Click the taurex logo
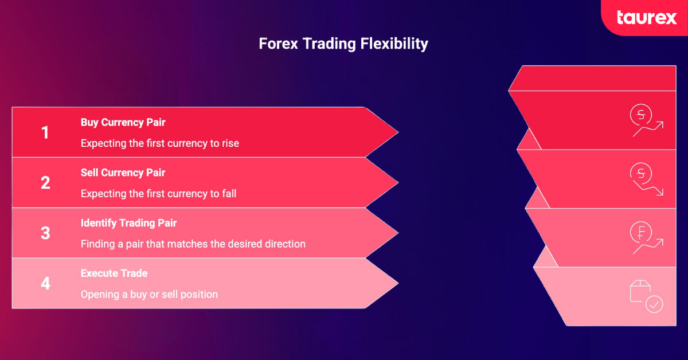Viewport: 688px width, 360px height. (647, 17)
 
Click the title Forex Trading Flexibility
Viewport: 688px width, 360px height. (343, 44)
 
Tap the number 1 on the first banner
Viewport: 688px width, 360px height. (45, 133)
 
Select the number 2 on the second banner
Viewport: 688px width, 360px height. (45, 183)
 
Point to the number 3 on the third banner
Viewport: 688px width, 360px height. (45, 233)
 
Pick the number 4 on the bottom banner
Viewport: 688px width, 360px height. (45, 283)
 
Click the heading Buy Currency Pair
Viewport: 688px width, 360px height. (123, 122)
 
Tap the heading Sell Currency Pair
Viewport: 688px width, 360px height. (123, 173)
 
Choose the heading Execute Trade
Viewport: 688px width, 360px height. (114, 273)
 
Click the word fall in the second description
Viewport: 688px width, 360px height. (228, 194)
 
